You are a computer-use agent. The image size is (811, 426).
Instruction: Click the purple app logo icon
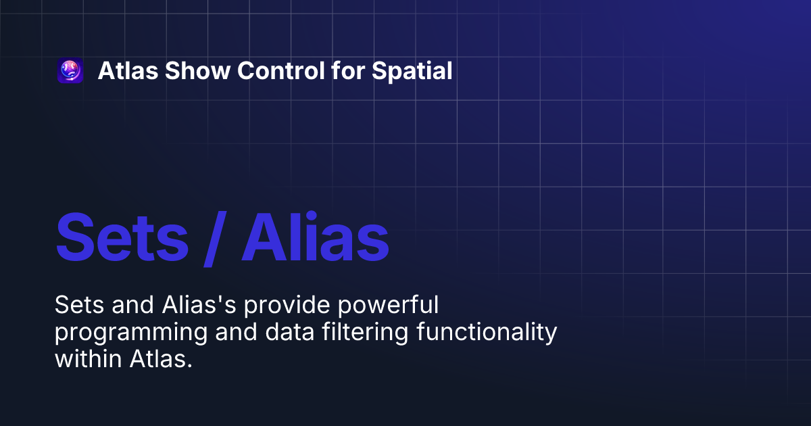click(x=70, y=71)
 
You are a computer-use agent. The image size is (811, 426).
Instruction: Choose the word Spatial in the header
click(x=412, y=71)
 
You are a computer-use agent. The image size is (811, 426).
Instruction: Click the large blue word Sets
click(x=122, y=238)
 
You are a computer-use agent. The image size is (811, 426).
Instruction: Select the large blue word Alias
click(x=315, y=238)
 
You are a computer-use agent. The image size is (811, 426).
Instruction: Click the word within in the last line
click(x=89, y=360)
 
